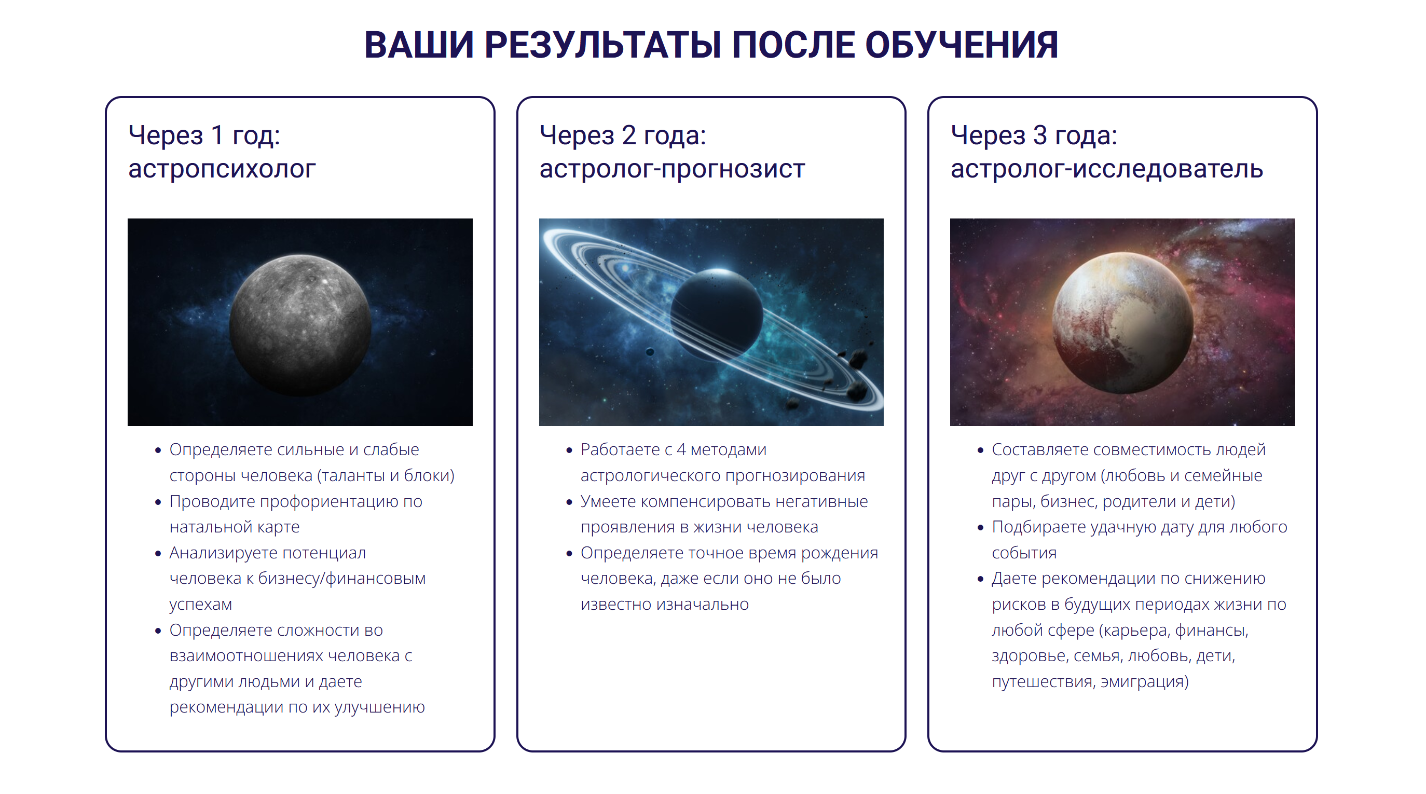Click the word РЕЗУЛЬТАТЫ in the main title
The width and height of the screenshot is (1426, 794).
click(x=602, y=45)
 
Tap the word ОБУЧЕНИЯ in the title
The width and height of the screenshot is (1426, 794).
click(x=961, y=45)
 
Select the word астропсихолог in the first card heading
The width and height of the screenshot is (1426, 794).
click(x=222, y=169)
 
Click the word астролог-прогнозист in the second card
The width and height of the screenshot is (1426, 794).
click(x=671, y=169)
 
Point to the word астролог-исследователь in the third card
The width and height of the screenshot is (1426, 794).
click(x=1106, y=169)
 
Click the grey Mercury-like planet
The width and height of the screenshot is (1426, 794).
click(x=300, y=325)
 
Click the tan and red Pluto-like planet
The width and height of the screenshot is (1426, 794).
click(x=1122, y=323)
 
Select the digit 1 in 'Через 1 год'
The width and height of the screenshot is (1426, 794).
click(x=217, y=135)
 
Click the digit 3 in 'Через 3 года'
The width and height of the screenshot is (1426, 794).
click(x=1039, y=135)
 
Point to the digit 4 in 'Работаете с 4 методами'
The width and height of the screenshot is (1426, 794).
click(x=681, y=449)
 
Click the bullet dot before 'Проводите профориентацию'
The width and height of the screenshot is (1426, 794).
click(x=158, y=502)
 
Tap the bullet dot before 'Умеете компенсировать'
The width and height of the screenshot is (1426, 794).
click(x=569, y=502)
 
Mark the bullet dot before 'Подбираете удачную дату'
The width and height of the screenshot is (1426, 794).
click(x=980, y=528)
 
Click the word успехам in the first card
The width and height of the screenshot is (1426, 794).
click(x=200, y=605)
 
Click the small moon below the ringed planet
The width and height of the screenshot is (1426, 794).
click(x=650, y=352)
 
